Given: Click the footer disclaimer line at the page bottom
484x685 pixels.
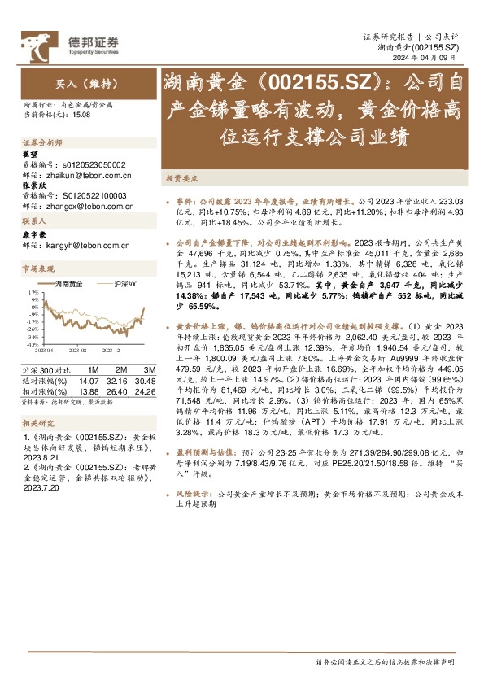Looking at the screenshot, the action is (x=384, y=663).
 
